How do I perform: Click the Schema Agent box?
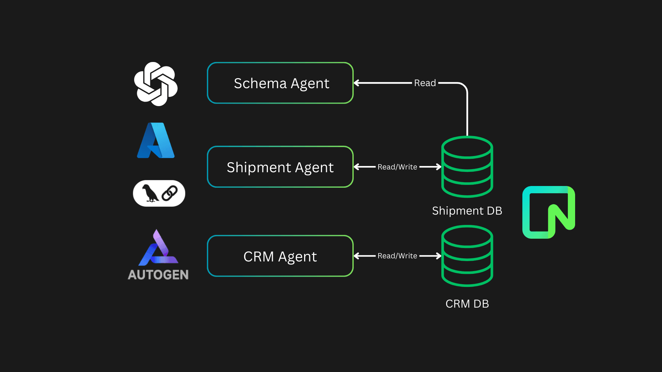[280, 83]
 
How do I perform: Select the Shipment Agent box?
[280, 167]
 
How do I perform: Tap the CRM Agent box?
[280, 256]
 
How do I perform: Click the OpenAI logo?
[156, 84]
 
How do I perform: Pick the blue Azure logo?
[156, 141]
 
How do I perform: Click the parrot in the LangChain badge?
[150, 193]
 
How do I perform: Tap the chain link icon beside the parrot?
[170, 193]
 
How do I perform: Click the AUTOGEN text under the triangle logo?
[158, 275]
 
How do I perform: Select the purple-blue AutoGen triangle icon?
[158, 248]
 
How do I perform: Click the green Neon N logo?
[549, 212]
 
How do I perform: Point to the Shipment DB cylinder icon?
[467, 167]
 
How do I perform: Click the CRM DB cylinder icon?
[467, 256]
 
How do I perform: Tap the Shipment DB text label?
[467, 210]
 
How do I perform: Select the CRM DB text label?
[467, 304]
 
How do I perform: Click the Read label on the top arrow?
[425, 83]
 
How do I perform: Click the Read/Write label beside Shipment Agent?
[397, 167]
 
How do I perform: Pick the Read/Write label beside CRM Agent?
[397, 256]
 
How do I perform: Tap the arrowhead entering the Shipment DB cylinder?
[439, 167]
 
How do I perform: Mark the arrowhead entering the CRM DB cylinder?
[439, 256]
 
